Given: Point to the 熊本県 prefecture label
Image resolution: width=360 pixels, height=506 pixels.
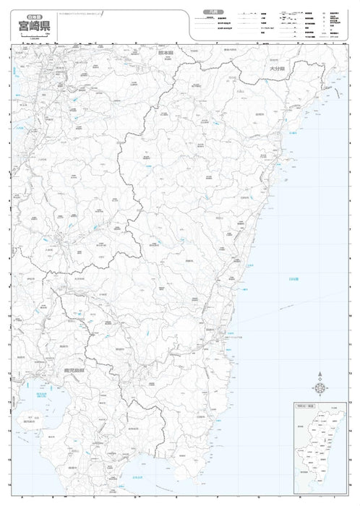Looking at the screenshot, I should click(x=168, y=52).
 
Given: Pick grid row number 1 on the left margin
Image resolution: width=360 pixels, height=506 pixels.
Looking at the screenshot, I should click(x=9, y=58).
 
